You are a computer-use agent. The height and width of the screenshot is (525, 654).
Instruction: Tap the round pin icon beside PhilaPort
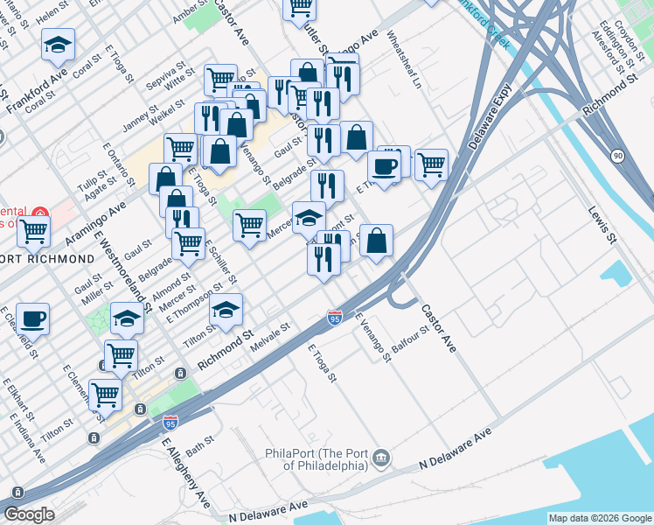coord(381,457)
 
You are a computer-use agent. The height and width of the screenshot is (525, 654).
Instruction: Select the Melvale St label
coord(270,332)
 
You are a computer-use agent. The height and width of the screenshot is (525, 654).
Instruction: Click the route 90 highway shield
coord(619,156)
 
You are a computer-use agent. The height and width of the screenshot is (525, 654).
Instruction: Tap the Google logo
coord(29,514)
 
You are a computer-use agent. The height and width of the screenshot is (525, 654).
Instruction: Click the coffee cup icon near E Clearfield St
coord(33,318)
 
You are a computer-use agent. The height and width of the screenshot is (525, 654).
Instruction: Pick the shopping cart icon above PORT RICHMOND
coord(33,231)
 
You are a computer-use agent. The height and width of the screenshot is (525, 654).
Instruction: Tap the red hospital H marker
coord(39,213)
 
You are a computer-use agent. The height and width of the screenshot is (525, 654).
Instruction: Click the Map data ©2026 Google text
coord(600,518)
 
